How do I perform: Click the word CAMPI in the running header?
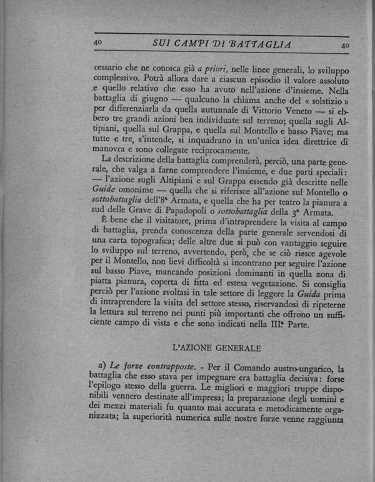pyautogui.click(x=194, y=44)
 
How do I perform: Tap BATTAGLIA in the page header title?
pyautogui.click(x=256, y=44)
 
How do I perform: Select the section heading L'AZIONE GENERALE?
pyautogui.click(x=216, y=346)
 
